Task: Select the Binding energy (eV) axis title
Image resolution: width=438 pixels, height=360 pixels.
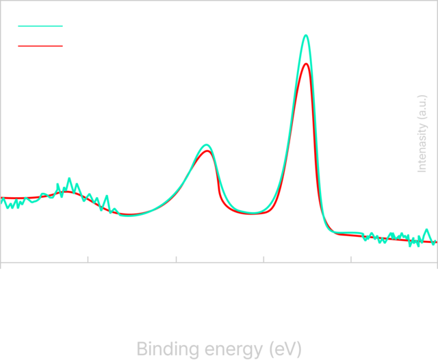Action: click(x=218, y=348)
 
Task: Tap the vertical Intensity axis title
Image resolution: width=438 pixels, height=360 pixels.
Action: click(x=422, y=133)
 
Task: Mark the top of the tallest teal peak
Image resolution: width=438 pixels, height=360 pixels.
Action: click(x=306, y=35)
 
